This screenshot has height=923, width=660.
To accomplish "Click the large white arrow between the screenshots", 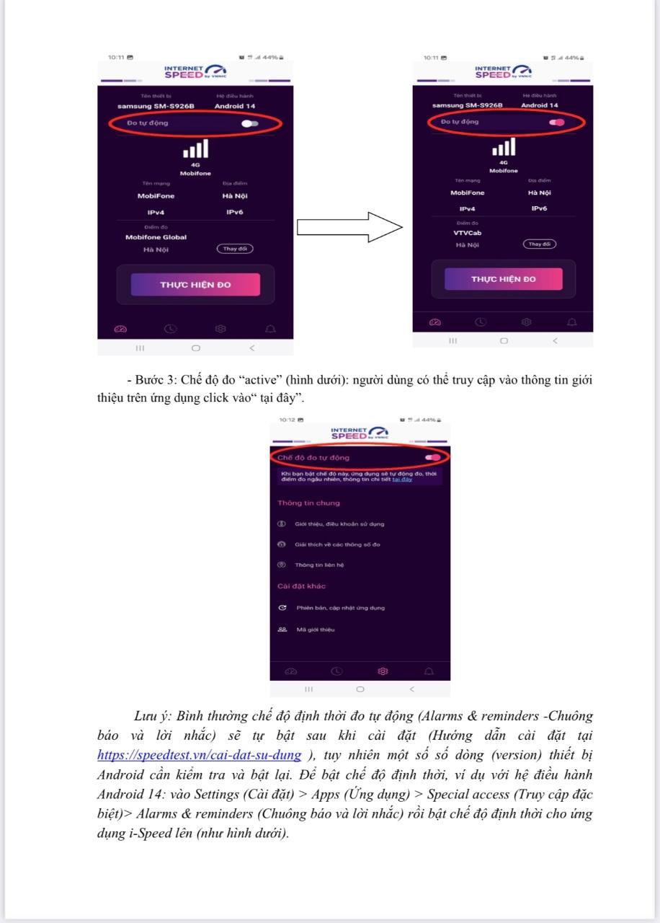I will (349, 228).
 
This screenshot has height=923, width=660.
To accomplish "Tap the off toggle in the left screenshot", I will (250, 123).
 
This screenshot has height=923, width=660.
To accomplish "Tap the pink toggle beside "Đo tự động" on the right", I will (556, 123).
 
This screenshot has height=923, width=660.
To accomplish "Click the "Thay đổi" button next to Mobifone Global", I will (235, 249).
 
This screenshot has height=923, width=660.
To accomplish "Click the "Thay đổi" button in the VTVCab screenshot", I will (540, 244).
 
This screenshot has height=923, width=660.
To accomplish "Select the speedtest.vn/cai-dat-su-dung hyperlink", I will (199, 755).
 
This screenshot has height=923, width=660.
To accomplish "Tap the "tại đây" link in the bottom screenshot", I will (402, 480).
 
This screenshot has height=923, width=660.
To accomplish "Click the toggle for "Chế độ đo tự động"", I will (433, 457).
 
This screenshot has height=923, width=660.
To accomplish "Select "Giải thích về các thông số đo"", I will (337, 544).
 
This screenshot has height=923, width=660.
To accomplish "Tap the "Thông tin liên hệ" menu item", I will (319, 565).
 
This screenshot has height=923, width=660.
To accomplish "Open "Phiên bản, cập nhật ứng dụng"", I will (340, 608).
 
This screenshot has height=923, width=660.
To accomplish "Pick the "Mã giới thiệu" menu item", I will (316, 630).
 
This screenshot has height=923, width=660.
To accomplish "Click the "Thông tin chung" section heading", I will (308, 503).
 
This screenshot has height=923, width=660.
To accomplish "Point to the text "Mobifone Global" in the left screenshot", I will (156, 237).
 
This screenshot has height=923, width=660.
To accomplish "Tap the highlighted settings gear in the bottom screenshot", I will (383, 671).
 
